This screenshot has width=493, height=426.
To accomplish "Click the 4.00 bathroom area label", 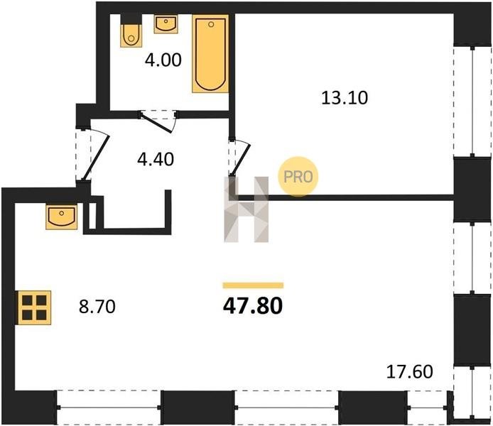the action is [163, 60].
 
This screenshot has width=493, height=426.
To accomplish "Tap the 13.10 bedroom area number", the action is [345, 98].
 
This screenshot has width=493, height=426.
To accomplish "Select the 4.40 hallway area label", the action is [156, 159].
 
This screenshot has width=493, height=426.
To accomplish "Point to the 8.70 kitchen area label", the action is [97, 307].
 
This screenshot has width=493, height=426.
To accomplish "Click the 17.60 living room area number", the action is [409, 371].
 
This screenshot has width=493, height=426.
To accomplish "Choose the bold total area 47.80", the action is [253, 306].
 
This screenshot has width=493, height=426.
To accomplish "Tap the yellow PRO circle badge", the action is [298, 177].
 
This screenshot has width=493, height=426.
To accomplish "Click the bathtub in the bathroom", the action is [210, 54].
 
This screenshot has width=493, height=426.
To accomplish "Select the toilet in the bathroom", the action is [131, 35].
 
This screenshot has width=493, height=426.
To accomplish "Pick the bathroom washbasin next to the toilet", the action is [166, 25].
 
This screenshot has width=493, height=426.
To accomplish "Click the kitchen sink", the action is [62, 217].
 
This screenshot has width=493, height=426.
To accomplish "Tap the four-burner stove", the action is [34, 307].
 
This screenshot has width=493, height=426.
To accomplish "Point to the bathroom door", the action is [156, 123].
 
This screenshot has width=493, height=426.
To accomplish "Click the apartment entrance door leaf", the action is [97, 158].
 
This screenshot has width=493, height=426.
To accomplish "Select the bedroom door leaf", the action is [241, 159].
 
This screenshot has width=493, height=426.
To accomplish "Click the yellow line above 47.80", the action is [253, 285].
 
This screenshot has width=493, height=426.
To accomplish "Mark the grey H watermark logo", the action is [246, 209].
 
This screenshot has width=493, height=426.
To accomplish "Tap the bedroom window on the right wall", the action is [472, 102].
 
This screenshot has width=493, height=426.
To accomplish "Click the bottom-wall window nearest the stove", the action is [109, 408].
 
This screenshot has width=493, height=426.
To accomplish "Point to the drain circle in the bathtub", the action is [211, 24].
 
